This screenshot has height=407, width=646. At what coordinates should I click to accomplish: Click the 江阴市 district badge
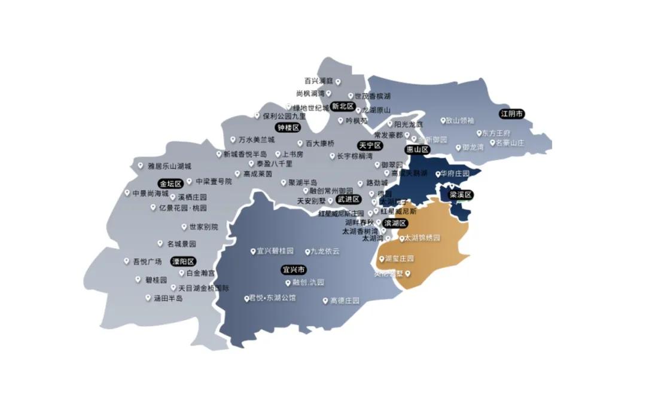click(512, 114)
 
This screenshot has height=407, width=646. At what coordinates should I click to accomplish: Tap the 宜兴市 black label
click(293, 270)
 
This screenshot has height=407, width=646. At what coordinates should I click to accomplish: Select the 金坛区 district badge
click(170, 183)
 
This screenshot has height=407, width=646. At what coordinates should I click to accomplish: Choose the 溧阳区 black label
click(184, 262)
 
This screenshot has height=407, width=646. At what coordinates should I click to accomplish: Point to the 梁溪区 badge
click(461, 195)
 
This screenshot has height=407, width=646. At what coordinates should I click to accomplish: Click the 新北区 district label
click(343, 106)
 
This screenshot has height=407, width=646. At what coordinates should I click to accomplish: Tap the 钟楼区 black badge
click(287, 128)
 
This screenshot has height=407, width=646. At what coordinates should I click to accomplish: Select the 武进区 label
click(348, 199)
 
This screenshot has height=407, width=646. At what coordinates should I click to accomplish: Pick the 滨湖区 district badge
click(395, 223)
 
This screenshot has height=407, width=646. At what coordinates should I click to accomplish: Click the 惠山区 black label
click(418, 149)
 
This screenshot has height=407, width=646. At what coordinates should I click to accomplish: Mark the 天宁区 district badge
click(370, 145)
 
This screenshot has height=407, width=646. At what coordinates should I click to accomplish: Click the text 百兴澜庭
click(318, 81)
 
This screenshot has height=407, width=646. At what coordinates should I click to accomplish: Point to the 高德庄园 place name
click(345, 301)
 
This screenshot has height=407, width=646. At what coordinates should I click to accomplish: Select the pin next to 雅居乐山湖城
click(141, 166)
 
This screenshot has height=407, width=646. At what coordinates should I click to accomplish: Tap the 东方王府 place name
click(497, 133)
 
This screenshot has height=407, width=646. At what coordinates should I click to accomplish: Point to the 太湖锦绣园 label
click(422, 238)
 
